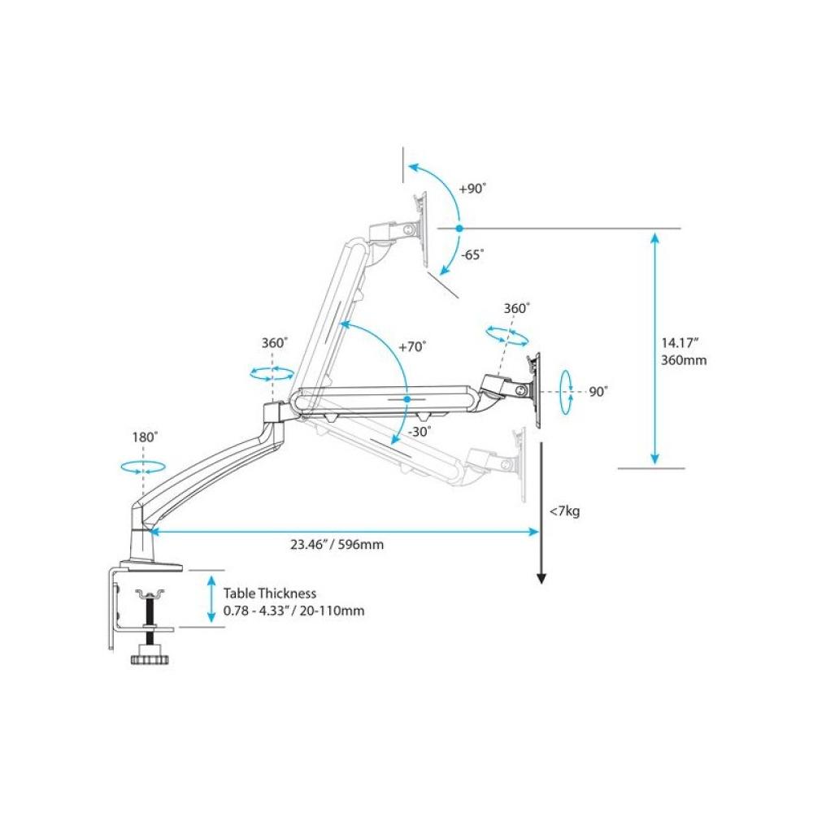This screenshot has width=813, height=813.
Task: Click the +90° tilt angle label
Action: (x=472, y=188)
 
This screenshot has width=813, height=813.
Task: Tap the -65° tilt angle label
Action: (x=472, y=254)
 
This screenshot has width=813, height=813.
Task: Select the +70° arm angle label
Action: (x=411, y=346)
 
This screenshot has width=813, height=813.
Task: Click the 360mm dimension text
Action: (x=683, y=359)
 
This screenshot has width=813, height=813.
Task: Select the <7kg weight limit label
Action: (x=564, y=511)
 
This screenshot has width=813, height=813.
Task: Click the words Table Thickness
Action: (x=270, y=594)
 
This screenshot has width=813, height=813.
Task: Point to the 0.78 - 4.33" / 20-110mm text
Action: (x=293, y=611)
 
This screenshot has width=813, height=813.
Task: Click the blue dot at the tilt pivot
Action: (x=459, y=228)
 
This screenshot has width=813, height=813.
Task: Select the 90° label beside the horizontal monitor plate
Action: (x=598, y=391)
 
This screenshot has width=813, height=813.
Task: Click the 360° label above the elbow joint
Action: (x=274, y=343)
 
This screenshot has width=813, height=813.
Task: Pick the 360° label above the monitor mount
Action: (x=516, y=309)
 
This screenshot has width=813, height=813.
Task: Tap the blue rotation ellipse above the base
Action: (x=141, y=467)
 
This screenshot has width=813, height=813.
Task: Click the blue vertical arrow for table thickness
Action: (x=211, y=599)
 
